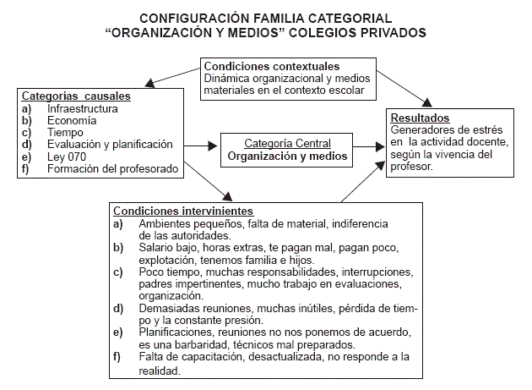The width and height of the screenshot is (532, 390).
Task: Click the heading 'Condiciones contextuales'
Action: pos(271,66)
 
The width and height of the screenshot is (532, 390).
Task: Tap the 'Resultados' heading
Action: pos(421,118)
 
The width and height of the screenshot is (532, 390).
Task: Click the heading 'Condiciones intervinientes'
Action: pos(182,211)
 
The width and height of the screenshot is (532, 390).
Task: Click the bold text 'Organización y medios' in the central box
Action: pos(287,157)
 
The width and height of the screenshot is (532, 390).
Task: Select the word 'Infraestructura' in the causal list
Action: pos(83,108)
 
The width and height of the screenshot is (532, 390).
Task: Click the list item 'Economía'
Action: pos(71,120)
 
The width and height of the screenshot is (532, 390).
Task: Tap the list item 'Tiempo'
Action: pos(66,132)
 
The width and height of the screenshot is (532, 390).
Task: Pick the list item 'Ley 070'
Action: pos(66,157)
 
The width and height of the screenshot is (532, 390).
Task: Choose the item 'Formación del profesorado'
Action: pos(112,168)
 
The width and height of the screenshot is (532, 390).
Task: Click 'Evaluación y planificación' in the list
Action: pos(110,145)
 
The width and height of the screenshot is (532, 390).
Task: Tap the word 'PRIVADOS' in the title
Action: pos(390,33)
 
